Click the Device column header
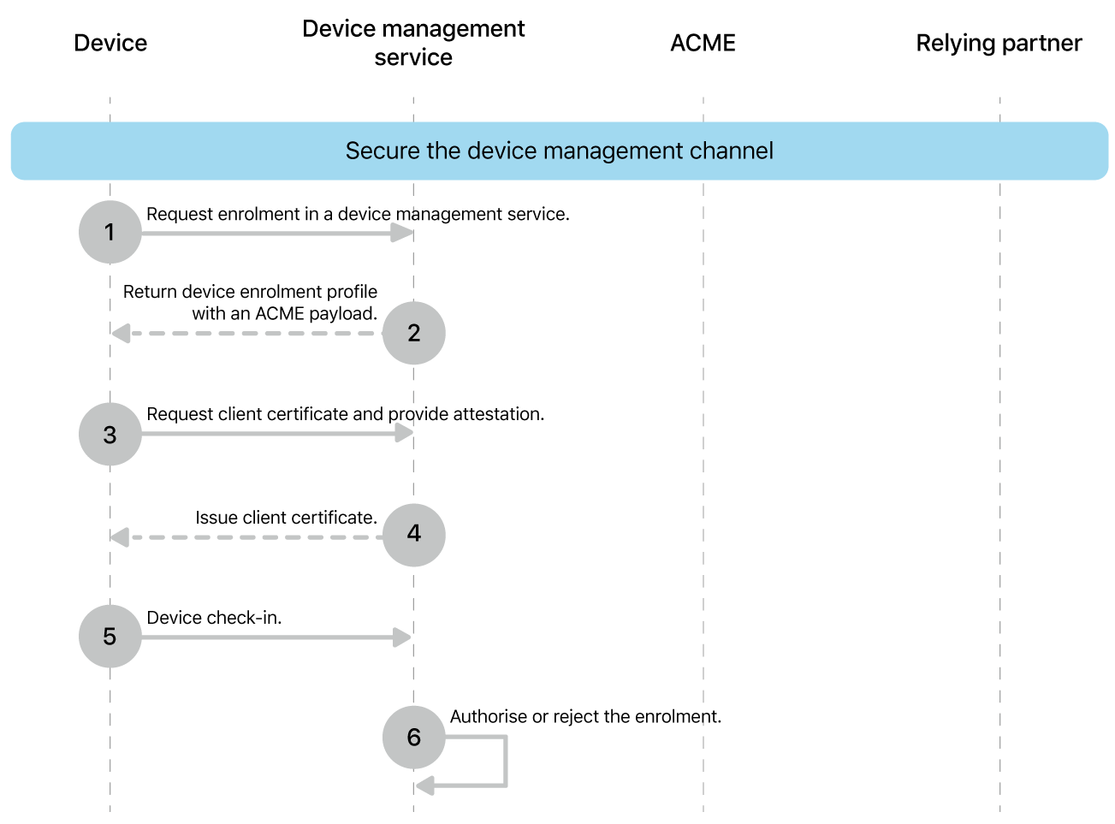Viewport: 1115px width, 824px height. click(x=110, y=43)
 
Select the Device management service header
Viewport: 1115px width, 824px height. click(x=413, y=43)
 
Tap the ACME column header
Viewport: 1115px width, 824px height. click(x=703, y=43)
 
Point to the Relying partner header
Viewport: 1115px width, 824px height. click(x=999, y=43)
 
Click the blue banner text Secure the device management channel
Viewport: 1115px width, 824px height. click(x=559, y=151)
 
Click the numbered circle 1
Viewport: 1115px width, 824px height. click(x=110, y=232)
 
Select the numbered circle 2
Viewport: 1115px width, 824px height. click(x=413, y=333)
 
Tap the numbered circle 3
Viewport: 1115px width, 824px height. click(x=110, y=435)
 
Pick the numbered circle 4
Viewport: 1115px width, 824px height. click(x=413, y=534)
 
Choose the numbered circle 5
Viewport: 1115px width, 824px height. click(x=110, y=637)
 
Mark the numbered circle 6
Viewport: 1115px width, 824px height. click(x=413, y=737)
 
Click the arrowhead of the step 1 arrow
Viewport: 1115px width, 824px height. click(x=402, y=233)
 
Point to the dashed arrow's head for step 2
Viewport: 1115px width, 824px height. click(x=121, y=333)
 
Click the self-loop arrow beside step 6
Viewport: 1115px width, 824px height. click(x=505, y=762)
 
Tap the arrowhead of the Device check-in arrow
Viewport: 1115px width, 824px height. click(x=402, y=637)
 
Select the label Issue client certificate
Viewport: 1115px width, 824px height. click(x=286, y=518)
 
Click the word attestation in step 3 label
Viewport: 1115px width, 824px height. click(x=498, y=414)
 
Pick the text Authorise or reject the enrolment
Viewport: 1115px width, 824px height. click(x=585, y=717)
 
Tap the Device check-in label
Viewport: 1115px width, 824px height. click(x=214, y=618)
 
